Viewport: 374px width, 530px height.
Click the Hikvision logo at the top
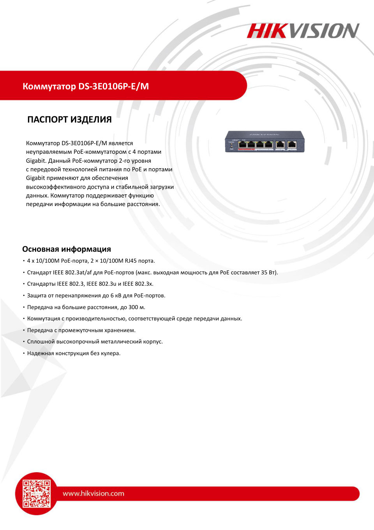(303, 31)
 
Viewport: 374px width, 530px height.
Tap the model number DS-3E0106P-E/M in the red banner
(113, 86)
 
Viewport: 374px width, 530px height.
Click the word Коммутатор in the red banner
(49, 86)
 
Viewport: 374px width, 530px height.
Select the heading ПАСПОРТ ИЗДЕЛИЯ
(69, 119)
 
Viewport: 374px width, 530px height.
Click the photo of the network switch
(265, 142)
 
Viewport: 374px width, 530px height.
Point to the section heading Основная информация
(67, 249)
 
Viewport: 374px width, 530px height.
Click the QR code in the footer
(37, 493)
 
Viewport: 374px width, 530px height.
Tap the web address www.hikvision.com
(93, 493)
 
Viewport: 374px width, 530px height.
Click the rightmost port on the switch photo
(291, 144)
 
